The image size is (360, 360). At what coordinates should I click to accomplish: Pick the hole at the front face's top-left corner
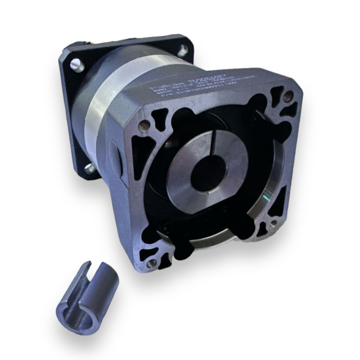coord(144,125)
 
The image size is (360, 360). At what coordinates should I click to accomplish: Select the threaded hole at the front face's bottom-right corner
coord(274,223)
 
